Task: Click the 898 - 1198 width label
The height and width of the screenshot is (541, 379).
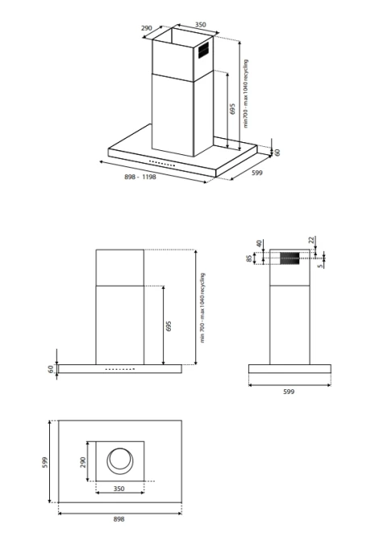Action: click(140, 177)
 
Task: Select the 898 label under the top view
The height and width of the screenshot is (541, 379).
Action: click(119, 519)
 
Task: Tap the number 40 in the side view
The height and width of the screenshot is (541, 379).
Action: click(259, 243)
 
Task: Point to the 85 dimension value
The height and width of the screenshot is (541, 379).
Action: click(249, 258)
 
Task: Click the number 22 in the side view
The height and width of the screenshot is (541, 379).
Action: click(311, 240)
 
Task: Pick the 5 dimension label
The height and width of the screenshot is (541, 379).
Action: click(321, 266)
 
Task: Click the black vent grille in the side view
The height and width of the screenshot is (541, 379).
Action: click(289, 258)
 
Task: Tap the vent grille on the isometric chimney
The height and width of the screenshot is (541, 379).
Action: click(203, 51)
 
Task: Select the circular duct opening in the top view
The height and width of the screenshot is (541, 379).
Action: click(119, 461)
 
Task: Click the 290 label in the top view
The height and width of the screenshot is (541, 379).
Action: click(82, 463)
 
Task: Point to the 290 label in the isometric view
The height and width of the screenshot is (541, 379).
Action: click(147, 28)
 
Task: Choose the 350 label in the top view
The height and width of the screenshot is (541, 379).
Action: click(119, 489)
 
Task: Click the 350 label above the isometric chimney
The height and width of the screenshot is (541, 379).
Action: click(201, 24)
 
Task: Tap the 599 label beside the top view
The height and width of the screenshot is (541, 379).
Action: click(45, 463)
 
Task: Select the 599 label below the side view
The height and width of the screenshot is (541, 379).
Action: click(289, 392)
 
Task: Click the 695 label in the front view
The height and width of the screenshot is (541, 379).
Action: click(169, 326)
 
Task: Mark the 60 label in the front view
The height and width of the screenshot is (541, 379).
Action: click(51, 369)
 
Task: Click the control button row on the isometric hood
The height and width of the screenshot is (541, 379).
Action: click(162, 164)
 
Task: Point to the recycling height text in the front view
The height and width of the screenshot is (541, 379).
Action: click(202, 308)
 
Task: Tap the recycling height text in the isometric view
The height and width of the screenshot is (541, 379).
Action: click(246, 94)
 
